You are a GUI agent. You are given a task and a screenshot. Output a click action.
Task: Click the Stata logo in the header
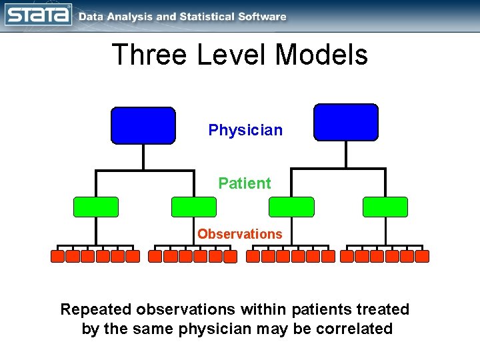click(x=38, y=14)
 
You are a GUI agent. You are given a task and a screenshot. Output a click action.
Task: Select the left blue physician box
click(x=143, y=125)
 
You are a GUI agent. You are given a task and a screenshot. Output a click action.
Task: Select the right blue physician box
click(x=345, y=122)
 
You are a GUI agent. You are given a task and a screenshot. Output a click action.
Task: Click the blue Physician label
click(x=245, y=130)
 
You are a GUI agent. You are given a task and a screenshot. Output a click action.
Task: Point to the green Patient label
click(x=245, y=183)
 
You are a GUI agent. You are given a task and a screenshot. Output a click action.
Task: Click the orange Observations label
click(x=239, y=234)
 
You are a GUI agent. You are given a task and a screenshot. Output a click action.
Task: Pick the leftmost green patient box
click(x=96, y=207)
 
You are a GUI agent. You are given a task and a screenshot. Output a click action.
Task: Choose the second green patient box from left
click(x=194, y=207)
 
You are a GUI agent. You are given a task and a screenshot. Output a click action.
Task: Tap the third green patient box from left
click(x=291, y=207)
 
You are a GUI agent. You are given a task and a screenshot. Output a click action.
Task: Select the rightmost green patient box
click(x=385, y=207)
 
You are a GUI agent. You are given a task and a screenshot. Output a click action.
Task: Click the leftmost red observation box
click(x=58, y=256)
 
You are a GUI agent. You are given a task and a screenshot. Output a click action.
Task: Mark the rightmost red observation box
click(x=423, y=256)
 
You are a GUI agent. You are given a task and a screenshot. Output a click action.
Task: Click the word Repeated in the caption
click(x=96, y=309)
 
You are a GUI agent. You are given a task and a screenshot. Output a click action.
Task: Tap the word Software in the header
click(x=261, y=17)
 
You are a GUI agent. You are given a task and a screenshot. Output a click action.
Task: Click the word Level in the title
click(x=234, y=55)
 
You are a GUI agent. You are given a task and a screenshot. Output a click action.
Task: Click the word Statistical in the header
click(x=203, y=17)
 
